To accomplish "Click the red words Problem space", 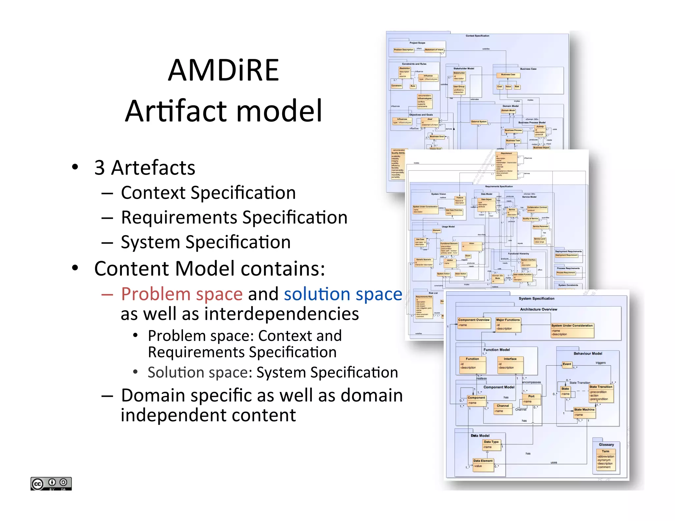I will pos(182,294).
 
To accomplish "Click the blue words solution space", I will pos(343,294).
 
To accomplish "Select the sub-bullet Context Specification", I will pos(208,193).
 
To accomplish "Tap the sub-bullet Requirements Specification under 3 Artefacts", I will pos(234,217).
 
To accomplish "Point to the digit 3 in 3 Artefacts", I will pos(100,168).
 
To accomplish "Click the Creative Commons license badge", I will pos(51,483).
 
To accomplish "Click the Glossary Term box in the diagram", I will pos(605,459).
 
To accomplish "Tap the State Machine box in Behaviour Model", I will pos(584,412).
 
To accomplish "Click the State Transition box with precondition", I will pos(601,393).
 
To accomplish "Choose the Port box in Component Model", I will pos(531,399).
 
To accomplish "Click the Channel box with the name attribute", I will pos(503,408).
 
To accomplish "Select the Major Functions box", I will pos(508,324).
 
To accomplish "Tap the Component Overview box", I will pos(474,323).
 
